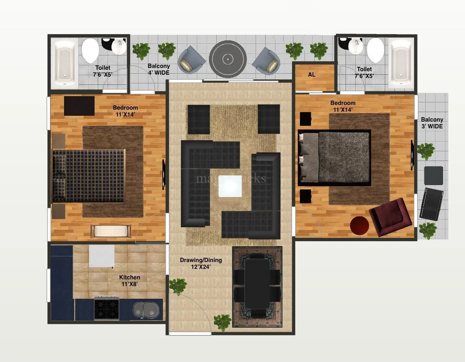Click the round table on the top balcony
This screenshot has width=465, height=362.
click(228, 59)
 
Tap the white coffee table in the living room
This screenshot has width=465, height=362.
click(230, 186)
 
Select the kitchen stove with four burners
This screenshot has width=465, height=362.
click(106, 308)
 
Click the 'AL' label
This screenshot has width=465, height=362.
click(312, 75)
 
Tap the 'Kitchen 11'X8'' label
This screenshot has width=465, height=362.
click(129, 280)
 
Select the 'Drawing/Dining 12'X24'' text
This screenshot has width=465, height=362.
click(201, 263)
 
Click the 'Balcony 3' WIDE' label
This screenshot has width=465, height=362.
click(432, 123)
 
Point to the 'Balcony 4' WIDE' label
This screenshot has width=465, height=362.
click(159, 69)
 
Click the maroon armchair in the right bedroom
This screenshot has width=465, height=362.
click(390, 216)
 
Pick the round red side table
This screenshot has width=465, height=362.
click(359, 225)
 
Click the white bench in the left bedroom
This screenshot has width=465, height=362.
click(111, 231)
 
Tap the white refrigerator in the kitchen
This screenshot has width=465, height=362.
click(102, 256)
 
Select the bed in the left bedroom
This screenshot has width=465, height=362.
click(88, 176)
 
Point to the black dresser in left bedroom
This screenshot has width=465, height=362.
click(79, 106)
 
